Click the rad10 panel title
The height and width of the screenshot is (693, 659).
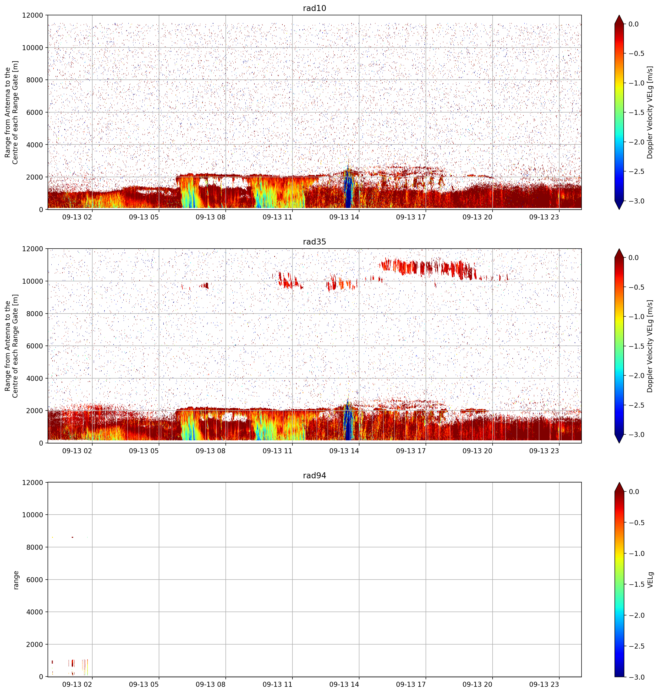pyautogui.click(x=314, y=8)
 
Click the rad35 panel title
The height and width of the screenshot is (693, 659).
pyautogui.click(x=314, y=242)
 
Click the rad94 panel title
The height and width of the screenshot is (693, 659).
pyautogui.click(x=314, y=475)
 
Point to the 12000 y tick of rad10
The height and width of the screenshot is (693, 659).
pyautogui.click(x=32, y=16)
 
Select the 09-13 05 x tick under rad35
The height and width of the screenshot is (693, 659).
pyautogui.click(x=144, y=451)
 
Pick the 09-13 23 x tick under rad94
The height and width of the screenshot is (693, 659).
pyautogui.click(x=544, y=684)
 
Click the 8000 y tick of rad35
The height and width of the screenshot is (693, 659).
pyautogui.click(x=34, y=314)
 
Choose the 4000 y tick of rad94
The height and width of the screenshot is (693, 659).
pyautogui.click(x=34, y=612)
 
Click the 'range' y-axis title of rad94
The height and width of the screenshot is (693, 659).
pyautogui.click(x=16, y=580)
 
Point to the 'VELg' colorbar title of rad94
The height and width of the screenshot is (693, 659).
pyautogui.click(x=650, y=580)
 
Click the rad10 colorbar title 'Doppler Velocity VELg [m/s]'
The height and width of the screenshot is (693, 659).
pyautogui.click(x=650, y=112)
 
